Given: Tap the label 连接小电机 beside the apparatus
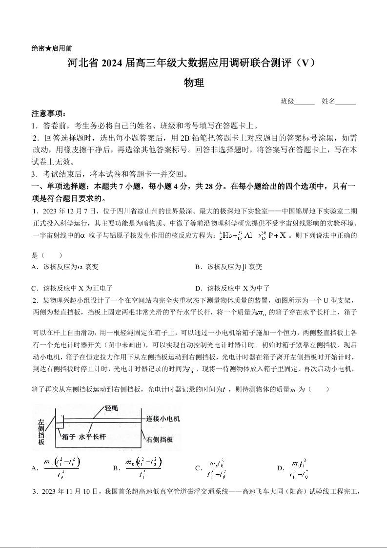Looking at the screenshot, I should pyautogui.click(x=163, y=419).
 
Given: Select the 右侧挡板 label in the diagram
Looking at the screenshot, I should pyautogui.click(x=160, y=439).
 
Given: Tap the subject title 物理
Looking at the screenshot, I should pyautogui.click(x=193, y=83).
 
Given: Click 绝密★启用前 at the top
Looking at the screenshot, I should pyautogui.click(x=52, y=48).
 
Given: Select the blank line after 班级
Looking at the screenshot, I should pyautogui.click(x=305, y=102).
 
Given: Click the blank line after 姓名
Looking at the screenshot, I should pyautogui.click(x=346, y=102).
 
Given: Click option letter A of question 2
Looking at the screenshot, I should pyautogui.click(x=34, y=468).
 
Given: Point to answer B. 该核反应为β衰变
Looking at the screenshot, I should pyautogui.click(x=228, y=267).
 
